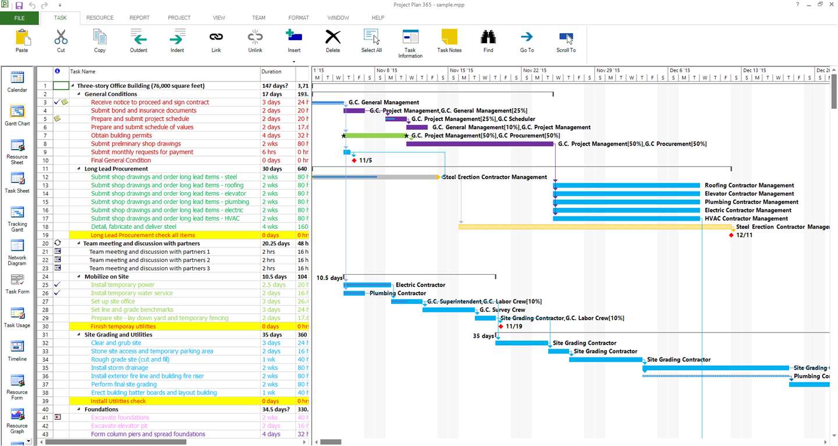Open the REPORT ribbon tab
click(x=140, y=18)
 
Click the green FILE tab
click(x=19, y=18)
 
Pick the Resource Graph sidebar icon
click(x=17, y=419)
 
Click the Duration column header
click(x=271, y=72)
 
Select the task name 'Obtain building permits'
click(x=121, y=136)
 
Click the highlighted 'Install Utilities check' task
click(x=118, y=401)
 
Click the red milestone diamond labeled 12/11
click(x=731, y=235)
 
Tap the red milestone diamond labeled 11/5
click(x=354, y=160)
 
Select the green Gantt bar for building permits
click(x=375, y=136)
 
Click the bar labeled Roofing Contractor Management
click(x=626, y=186)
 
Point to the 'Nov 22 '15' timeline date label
click(x=535, y=70)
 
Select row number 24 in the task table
click(x=44, y=277)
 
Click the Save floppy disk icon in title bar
click(x=19, y=5)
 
